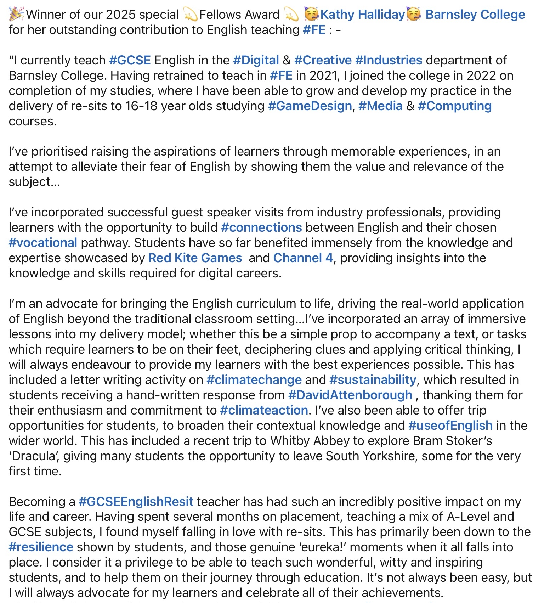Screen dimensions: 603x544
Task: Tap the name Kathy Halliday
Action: [x=362, y=15]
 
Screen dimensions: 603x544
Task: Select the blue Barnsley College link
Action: [x=475, y=15]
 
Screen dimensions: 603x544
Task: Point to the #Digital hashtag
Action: [x=256, y=60]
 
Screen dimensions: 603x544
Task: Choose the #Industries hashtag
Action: [x=389, y=60]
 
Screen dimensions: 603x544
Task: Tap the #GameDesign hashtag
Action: [x=310, y=106]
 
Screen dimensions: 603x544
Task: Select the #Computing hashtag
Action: [x=455, y=106]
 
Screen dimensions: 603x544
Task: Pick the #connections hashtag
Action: [x=261, y=227]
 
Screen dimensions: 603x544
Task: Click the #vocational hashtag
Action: [x=43, y=243]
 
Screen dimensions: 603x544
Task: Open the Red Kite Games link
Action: [x=195, y=258]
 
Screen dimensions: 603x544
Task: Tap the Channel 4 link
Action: [x=303, y=258]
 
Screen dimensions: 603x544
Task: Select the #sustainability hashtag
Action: [x=373, y=380]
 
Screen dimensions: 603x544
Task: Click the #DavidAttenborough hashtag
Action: [x=350, y=395]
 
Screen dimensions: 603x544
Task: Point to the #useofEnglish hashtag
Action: [x=450, y=425]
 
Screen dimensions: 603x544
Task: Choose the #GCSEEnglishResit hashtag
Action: [x=136, y=502]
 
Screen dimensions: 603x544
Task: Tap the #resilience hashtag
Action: [x=41, y=547]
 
